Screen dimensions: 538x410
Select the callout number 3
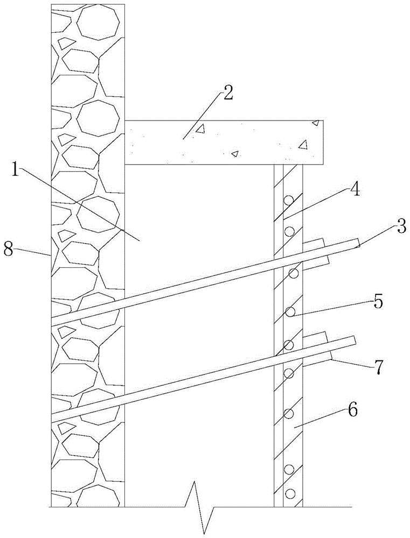coord(400,226)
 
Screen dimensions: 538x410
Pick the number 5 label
coord(378,302)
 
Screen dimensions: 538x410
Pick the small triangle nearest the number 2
coord(200,129)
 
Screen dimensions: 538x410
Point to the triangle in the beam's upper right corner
coord(316,123)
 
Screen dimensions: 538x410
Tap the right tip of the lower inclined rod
coord(355,341)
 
